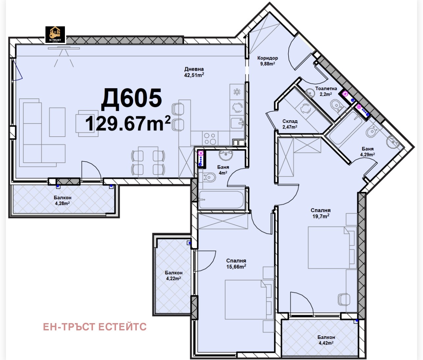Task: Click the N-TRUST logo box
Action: (x=55, y=35)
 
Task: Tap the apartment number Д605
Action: (x=131, y=98)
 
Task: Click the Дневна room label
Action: (x=194, y=69)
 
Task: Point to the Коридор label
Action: (x=268, y=58)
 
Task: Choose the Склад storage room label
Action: (x=290, y=121)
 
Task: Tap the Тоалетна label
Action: (x=326, y=89)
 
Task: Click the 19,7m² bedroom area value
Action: (x=321, y=216)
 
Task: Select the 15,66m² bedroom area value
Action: (x=236, y=267)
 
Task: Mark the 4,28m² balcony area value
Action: (x=62, y=203)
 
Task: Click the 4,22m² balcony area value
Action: (x=173, y=278)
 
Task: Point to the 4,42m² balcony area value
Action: (x=326, y=343)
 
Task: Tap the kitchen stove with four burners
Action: (x=210, y=139)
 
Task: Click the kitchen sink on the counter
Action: (x=238, y=123)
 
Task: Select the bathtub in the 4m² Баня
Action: (x=221, y=200)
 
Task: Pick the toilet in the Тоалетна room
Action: (x=336, y=105)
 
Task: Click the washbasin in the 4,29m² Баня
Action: (x=392, y=142)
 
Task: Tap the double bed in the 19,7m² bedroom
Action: (x=331, y=247)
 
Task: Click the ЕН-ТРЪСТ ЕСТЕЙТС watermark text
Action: (x=95, y=327)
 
